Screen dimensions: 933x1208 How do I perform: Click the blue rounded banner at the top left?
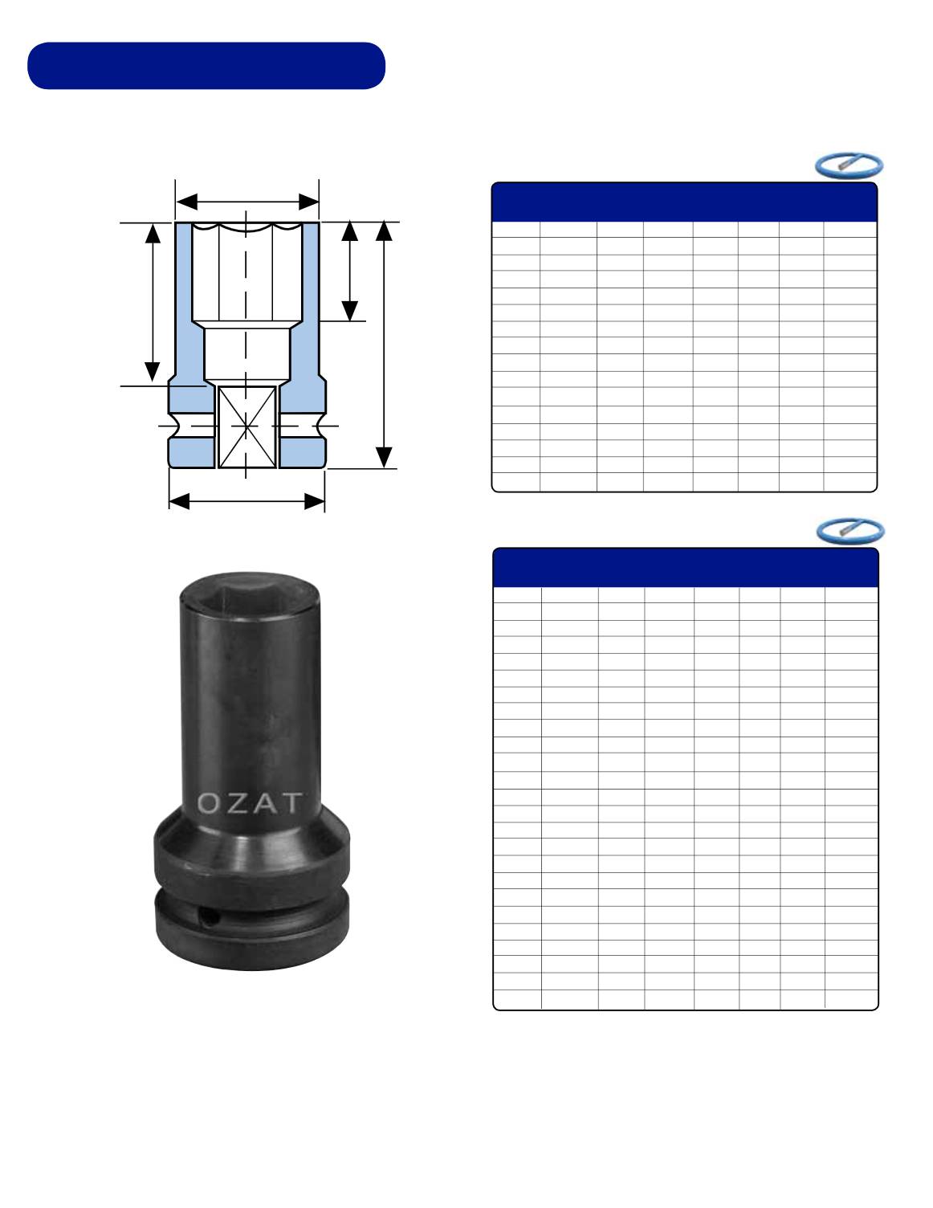coord(206,66)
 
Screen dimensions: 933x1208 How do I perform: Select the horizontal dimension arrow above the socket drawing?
coord(247,202)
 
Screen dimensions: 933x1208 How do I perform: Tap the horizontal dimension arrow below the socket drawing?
coord(246,502)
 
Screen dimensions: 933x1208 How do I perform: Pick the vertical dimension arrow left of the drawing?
coord(153,303)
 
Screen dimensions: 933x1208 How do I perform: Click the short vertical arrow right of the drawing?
coord(349,271)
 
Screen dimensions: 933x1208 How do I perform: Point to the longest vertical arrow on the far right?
coord(384,345)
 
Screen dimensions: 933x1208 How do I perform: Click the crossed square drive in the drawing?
coord(246,427)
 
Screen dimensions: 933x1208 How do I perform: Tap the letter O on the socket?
coord(209,803)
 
